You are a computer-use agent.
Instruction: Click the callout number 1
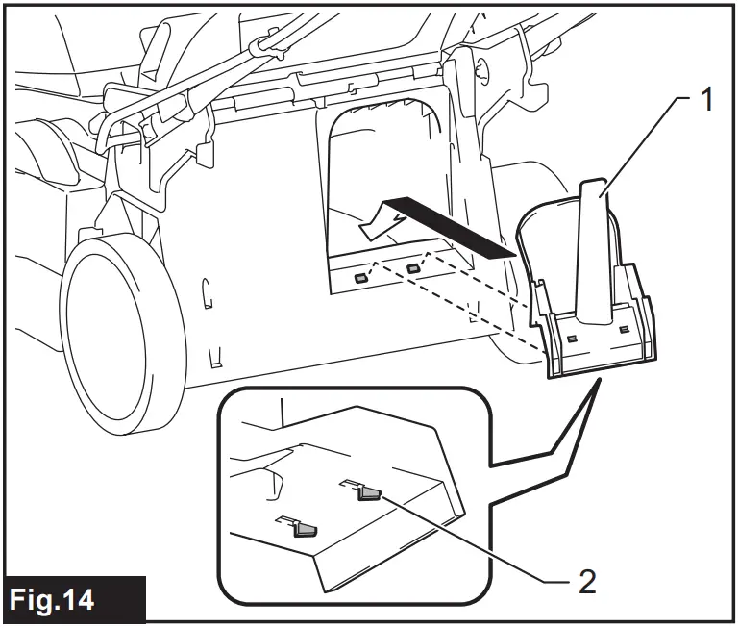click(x=705, y=100)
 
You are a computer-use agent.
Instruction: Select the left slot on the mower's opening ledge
click(x=359, y=279)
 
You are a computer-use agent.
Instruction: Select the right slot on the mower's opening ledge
click(x=414, y=268)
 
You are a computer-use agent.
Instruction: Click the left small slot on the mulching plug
click(x=571, y=339)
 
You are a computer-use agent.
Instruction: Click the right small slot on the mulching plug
click(x=625, y=330)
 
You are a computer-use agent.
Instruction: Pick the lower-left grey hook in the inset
click(x=306, y=528)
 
